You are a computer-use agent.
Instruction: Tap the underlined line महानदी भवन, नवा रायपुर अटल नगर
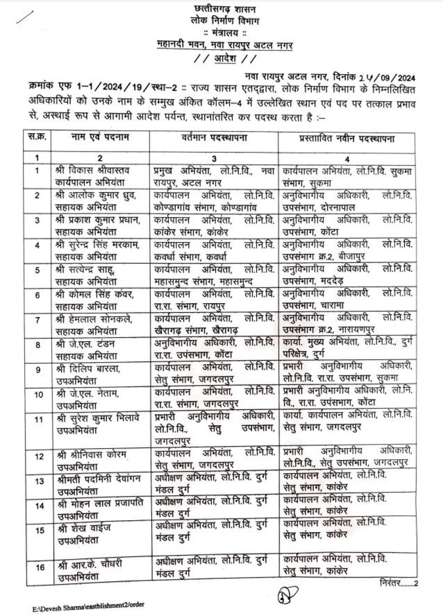226,45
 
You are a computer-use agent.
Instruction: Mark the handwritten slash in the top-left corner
23,17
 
